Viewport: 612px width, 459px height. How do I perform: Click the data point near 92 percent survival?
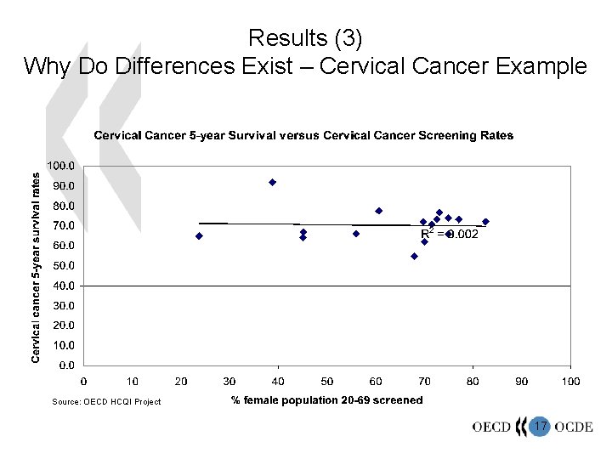273,182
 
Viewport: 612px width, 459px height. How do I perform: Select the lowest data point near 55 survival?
414,256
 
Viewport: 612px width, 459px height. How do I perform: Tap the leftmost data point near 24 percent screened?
199,236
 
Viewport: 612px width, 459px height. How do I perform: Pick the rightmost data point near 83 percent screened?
485,222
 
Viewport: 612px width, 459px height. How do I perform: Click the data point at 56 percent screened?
356,234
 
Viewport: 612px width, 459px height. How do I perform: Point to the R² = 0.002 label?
450,234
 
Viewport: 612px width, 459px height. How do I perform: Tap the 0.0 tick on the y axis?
67,365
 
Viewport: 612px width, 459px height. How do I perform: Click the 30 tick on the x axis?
229,382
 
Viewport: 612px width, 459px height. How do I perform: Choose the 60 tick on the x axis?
376,382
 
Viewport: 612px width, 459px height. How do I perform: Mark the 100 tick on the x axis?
570,382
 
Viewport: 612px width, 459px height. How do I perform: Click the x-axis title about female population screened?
326,400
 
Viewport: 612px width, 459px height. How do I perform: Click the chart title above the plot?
303,136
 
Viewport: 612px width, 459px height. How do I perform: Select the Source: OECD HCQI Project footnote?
106,401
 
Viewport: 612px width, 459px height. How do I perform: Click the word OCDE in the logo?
574,427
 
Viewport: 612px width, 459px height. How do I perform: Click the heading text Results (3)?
305,37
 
